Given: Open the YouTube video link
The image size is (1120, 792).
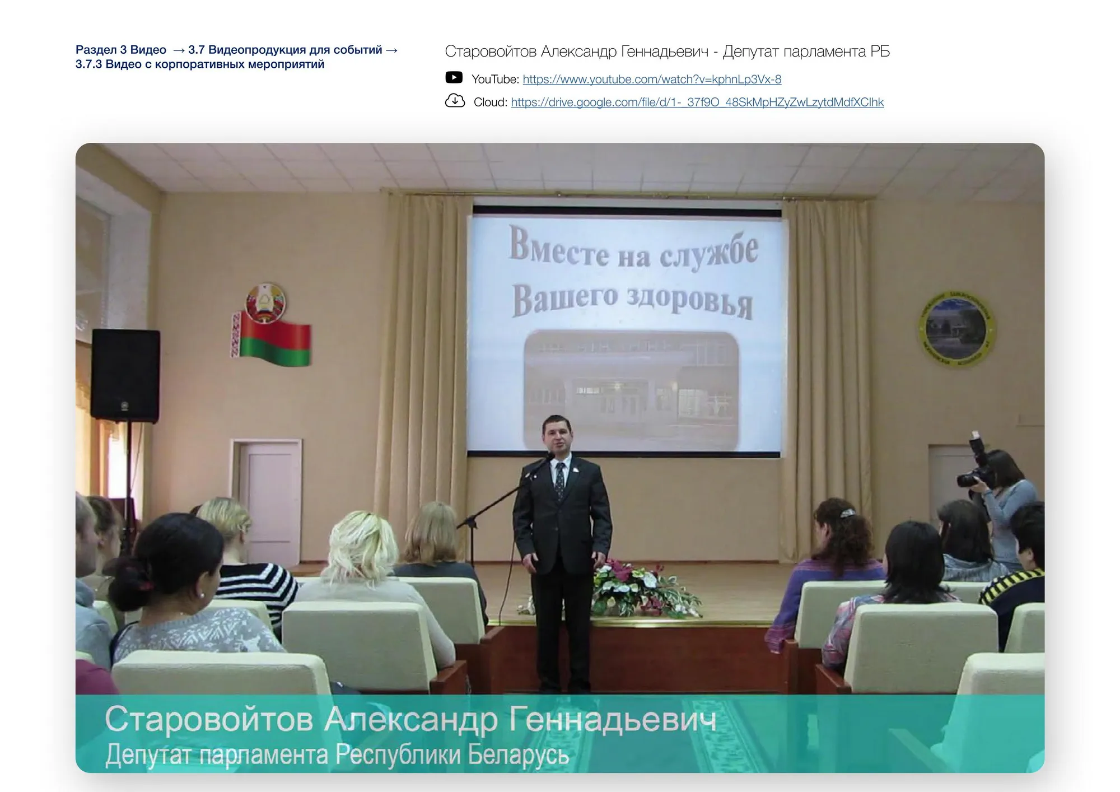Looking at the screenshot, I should pos(652,80).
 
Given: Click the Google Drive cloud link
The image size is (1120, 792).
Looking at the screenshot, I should pos(697,103).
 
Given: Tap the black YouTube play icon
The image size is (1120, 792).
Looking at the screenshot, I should pos(454,77).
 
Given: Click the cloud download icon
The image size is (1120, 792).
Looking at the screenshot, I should pos(455,101).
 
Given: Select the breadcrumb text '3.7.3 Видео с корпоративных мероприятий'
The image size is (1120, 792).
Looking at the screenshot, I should pos(200,64).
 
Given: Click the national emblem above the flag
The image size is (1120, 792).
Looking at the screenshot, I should pos(265,302).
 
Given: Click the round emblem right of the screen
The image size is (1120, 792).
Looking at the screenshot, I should pos(956,328).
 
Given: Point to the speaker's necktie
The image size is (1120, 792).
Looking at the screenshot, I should pos(559,480).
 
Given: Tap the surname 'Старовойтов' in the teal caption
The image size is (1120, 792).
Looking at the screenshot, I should pos(208,719).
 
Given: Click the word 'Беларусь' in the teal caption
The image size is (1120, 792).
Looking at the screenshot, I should pos(519,755).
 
